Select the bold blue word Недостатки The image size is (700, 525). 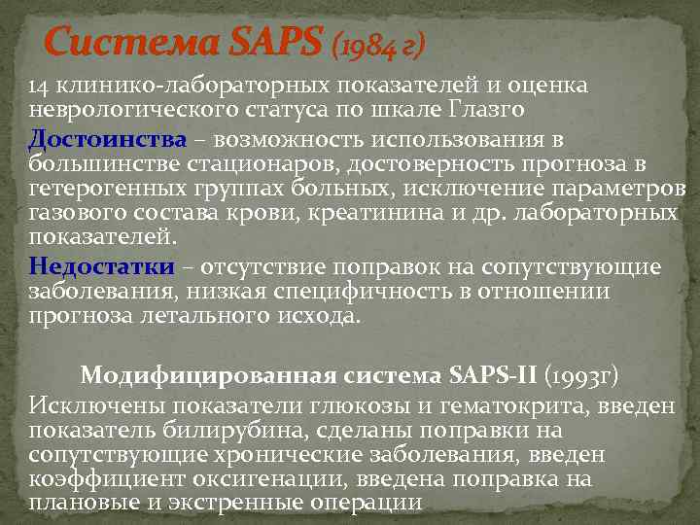(x=102, y=266)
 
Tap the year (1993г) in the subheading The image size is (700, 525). (x=582, y=375)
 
